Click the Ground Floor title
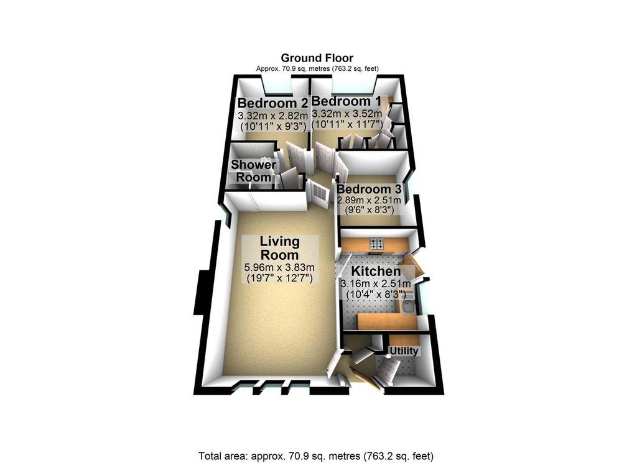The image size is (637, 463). coord(317,58)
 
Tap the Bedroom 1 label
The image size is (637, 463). coord(342,101)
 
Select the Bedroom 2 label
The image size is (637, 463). coord(273,103)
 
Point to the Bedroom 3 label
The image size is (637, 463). coord(369,189)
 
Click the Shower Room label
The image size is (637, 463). coord(254,171)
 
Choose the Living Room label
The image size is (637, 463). coord(279,248)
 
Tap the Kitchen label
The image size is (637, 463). coord(376,271)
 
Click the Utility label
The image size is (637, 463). coord(404,351)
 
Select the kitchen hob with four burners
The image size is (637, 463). coord(376,244)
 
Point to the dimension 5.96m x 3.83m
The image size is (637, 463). coord(279,267)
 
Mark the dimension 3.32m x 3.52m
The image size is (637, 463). coord(346,113)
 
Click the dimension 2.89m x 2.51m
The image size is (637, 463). coord(369,201)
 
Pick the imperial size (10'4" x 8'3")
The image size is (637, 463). coord(376,293)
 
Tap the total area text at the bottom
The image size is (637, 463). coord(315,456)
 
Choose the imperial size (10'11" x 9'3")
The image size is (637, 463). coord(273,126)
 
